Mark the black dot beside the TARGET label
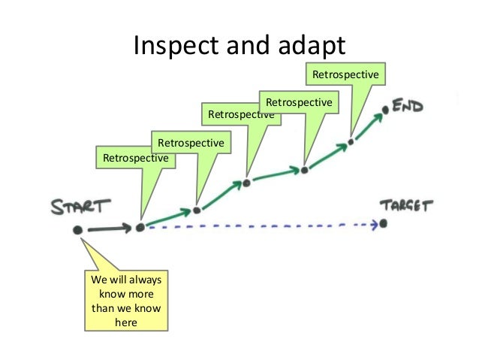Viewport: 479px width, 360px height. click(x=384, y=223)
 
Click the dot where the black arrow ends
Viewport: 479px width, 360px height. click(x=140, y=227)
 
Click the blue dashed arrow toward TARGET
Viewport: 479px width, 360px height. click(x=263, y=225)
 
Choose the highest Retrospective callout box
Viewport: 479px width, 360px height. click(x=346, y=75)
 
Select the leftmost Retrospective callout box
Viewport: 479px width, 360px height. click(x=136, y=158)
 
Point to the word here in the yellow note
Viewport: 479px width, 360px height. click(x=126, y=323)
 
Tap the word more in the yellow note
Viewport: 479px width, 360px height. click(x=141, y=294)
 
